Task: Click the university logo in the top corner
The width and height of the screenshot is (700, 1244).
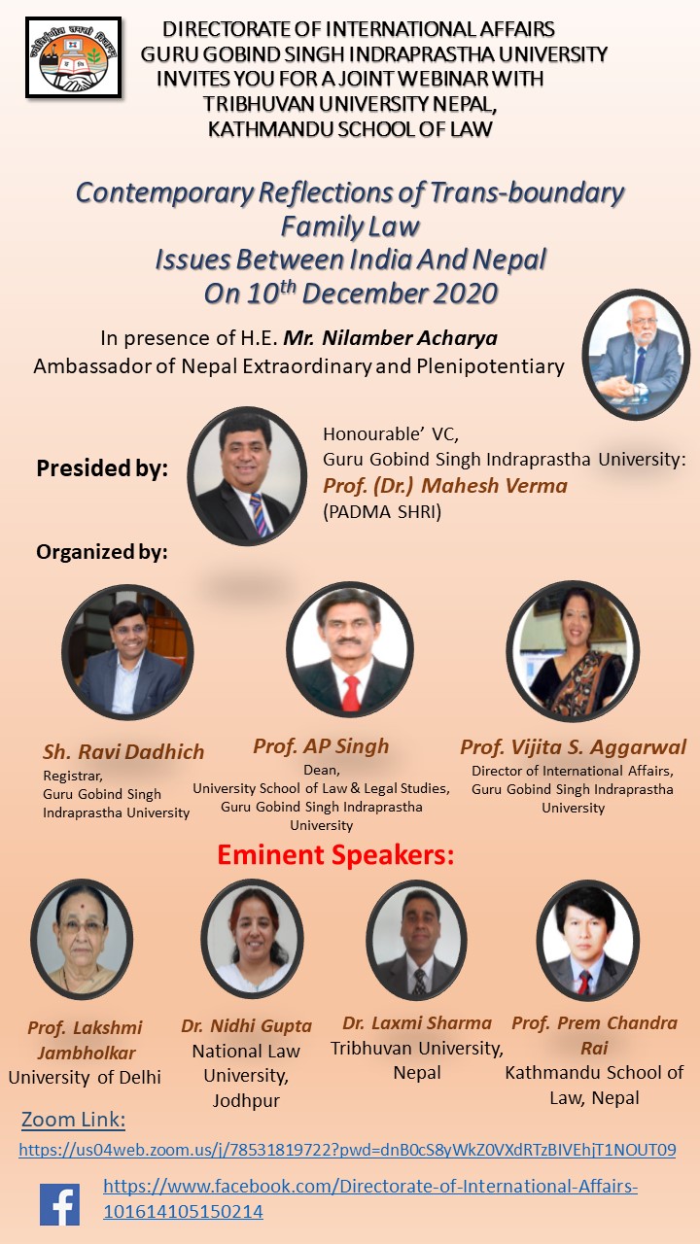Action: (73, 57)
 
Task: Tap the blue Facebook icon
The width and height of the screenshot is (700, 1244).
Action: (59, 1204)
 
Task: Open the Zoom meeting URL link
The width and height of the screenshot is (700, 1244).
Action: (347, 1149)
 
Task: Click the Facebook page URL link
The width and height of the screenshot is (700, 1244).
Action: (370, 1198)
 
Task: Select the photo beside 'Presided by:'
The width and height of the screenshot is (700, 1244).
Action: (247, 476)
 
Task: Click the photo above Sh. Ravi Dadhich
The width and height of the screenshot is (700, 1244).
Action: (127, 652)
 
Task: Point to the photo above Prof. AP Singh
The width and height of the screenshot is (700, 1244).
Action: (350, 649)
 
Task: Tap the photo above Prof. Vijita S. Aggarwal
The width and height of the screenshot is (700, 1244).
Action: (573, 651)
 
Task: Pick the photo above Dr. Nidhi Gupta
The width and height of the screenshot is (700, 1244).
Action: (252, 938)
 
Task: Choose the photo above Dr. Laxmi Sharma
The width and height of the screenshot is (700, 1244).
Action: (417, 939)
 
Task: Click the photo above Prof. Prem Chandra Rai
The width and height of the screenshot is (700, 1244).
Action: (588, 939)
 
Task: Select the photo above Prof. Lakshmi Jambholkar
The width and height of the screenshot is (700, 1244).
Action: (82, 938)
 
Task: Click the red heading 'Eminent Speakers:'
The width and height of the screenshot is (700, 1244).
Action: (335, 854)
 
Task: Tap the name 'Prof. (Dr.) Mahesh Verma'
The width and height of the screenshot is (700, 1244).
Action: (445, 485)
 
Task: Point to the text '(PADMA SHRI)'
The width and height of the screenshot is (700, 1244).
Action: (382, 511)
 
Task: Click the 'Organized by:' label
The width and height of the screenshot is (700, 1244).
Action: (102, 552)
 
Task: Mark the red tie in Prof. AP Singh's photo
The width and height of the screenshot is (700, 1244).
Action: (351, 693)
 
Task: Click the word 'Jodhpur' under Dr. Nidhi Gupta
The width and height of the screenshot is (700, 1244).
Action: (246, 1100)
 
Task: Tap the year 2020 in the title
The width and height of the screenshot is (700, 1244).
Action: (465, 294)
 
